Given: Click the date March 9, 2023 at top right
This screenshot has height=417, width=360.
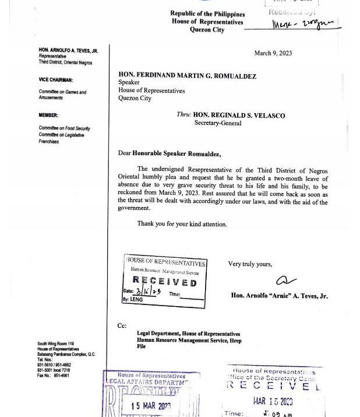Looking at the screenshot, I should coord(273,53).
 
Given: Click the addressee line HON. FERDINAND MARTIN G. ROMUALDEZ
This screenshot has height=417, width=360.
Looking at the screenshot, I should coord(187,76).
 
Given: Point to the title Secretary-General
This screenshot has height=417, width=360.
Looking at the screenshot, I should coord(217,123).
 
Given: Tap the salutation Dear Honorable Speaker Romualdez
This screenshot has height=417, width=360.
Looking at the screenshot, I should coord(170,153).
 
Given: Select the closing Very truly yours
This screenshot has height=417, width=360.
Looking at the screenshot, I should coord(250,264).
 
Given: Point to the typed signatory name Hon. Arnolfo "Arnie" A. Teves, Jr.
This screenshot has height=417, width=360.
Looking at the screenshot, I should coord(279,296).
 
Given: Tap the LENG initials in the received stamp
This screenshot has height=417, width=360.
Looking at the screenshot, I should coord(137,299).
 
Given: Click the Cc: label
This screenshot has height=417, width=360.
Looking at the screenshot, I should coord(122,325).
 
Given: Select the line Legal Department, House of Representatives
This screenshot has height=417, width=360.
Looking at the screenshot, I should coord(188,334).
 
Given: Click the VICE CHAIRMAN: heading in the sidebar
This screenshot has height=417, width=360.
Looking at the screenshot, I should coord(56,80).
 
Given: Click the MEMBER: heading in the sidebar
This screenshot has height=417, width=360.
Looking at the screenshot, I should coord(48,115).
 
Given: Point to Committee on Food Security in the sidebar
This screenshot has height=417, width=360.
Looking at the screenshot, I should coord(64,128).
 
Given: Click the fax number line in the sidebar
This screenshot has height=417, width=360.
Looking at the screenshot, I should coord(54,376).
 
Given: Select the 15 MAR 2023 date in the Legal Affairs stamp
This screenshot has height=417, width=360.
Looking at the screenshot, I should coord(151,406).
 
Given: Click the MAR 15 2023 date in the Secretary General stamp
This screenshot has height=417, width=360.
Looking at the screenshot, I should coord(273,401).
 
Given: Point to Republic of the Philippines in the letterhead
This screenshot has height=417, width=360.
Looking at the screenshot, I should coord(207,13).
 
